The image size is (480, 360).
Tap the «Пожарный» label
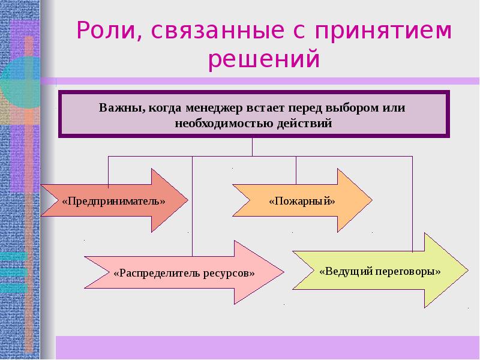tap(302, 200)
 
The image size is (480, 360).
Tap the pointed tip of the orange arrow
tap(371, 200)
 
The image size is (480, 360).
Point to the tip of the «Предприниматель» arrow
tap(188, 200)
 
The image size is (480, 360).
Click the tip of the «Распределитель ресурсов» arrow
tap(283, 272)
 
